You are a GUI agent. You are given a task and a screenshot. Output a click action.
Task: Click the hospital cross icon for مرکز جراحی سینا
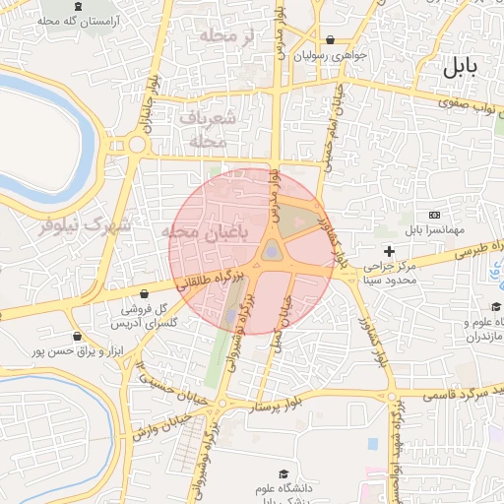point(390,252)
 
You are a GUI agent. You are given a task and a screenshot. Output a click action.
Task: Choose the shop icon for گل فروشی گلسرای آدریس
point(146,292)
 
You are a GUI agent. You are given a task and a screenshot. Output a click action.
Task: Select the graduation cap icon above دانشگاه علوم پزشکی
point(284,474)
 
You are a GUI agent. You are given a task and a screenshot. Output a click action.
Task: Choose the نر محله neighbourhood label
point(233,36)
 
